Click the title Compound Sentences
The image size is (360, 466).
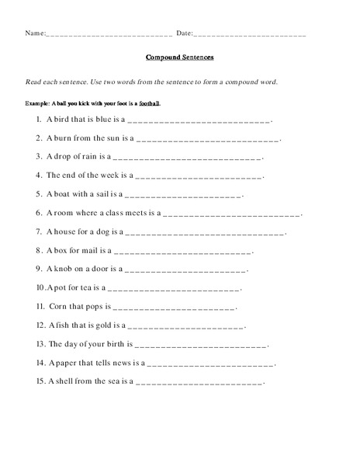179,57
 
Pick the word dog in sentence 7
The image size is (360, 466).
109,231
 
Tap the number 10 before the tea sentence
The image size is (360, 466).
40,287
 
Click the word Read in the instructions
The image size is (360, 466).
33,82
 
